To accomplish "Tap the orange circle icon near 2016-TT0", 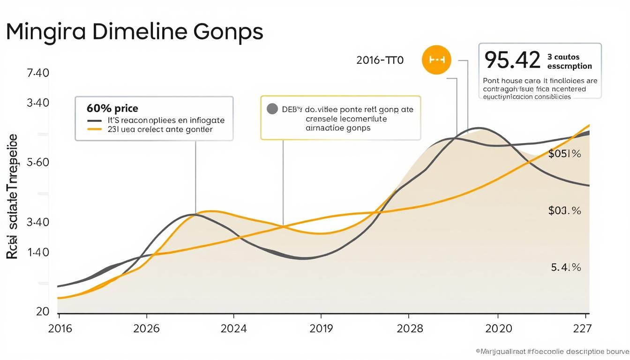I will [x=436, y=60].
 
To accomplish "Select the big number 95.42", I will [x=512, y=60].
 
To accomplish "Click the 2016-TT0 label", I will [x=380, y=60].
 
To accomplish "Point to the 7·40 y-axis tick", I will [x=38, y=73].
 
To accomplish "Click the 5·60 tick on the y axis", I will [x=38, y=163].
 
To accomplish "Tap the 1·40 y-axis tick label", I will [x=38, y=252].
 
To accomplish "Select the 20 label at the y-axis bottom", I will [x=43, y=312].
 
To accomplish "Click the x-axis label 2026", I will [x=146, y=329].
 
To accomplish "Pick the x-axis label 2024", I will [x=233, y=329].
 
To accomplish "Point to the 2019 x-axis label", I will [x=321, y=329].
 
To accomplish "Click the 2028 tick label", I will [x=410, y=329].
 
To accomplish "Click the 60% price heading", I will [x=112, y=109].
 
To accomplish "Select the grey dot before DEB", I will [x=272, y=109].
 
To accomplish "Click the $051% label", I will [x=564, y=154].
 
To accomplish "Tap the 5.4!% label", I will [x=566, y=268].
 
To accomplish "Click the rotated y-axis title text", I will [x=13, y=197].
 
